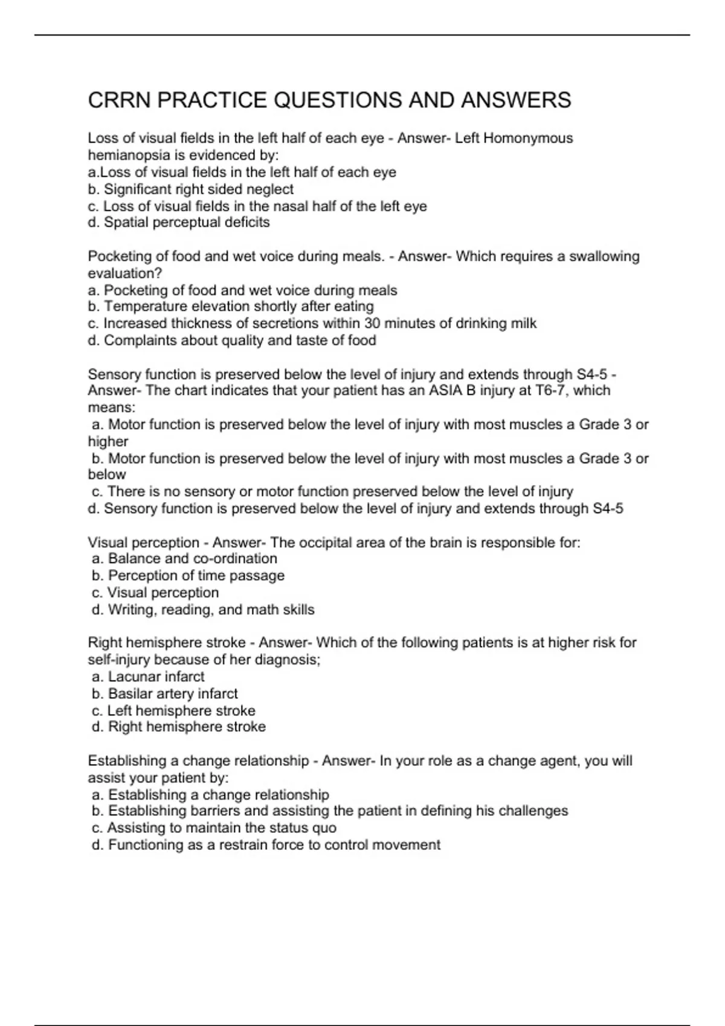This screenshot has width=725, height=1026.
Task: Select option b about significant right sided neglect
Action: [191, 189]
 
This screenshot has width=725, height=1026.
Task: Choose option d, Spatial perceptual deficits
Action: [179, 223]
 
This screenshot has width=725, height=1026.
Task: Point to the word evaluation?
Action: [125, 273]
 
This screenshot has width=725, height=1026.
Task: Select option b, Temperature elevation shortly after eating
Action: [231, 307]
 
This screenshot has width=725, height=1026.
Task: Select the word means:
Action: [112, 407]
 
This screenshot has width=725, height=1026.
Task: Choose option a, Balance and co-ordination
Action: [184, 559]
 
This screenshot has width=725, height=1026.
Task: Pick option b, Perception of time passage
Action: [188, 576]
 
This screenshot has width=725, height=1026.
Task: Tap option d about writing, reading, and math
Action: [203, 610]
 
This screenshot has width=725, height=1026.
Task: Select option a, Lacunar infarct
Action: [148, 677]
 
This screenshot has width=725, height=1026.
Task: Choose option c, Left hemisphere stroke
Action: [173, 710]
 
